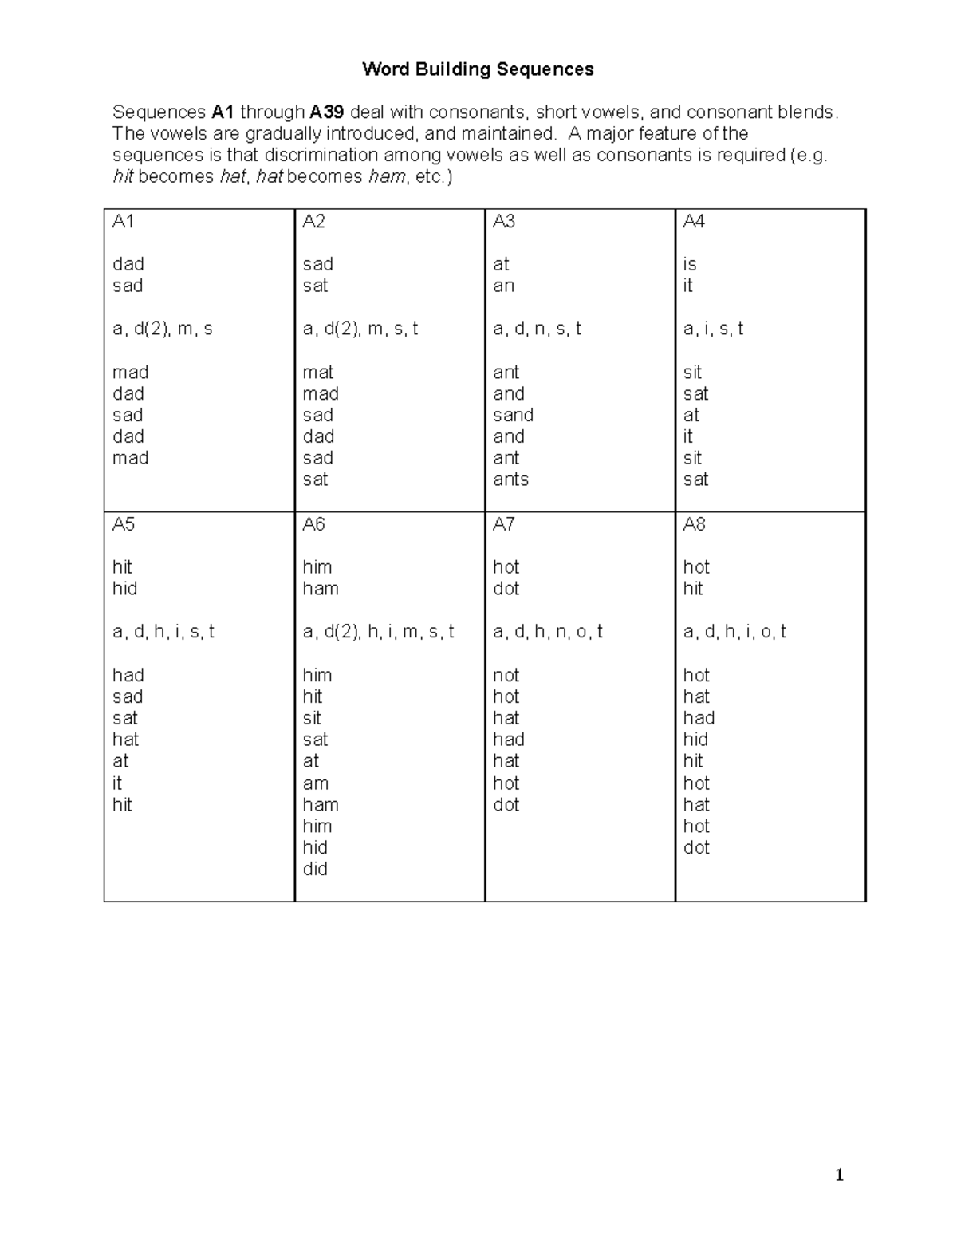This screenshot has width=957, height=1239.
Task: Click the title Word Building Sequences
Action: (478, 69)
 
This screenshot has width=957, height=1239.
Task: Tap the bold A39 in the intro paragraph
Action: (326, 112)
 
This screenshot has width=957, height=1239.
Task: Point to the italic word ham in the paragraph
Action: (386, 176)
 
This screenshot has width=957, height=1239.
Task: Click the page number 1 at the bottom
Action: (839, 1174)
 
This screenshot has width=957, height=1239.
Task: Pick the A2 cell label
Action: (313, 222)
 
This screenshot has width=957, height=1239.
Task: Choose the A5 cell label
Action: (124, 524)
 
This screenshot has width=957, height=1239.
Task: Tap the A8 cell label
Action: (694, 524)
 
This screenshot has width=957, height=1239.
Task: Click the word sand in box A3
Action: (513, 415)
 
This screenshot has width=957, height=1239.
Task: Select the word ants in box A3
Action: (510, 479)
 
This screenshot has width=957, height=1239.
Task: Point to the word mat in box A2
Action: (318, 373)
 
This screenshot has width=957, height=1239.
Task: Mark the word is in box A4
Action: (690, 264)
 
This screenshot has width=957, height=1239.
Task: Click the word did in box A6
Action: (315, 869)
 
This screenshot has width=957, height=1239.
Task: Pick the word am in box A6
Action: (315, 783)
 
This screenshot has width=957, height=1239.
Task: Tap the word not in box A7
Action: (506, 676)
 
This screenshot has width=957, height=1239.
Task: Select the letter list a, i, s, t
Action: (713, 329)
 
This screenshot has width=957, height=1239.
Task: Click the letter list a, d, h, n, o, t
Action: (547, 632)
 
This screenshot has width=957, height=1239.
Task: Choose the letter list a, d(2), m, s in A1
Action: (162, 329)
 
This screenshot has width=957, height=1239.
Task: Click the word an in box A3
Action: (503, 286)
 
